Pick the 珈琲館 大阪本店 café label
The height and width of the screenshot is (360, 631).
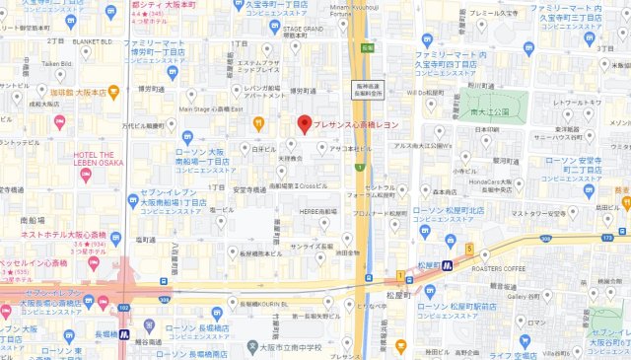tap(80, 92)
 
